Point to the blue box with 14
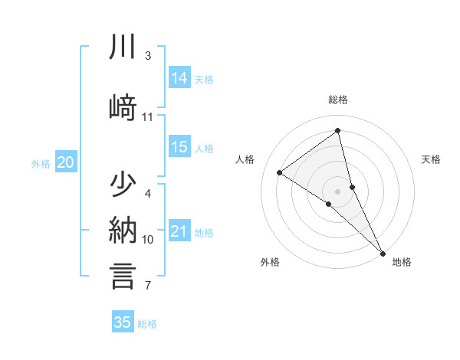click(179, 78)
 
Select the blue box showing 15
click(179, 148)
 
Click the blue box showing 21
click(179, 232)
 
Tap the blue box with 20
click(66, 162)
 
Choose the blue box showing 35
click(123, 322)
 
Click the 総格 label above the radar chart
click(338, 100)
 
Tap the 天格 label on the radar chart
click(432, 159)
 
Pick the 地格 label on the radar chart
click(402, 262)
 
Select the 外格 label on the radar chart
click(270, 262)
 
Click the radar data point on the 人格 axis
click(280, 172)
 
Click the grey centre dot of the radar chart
click(338, 191)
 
